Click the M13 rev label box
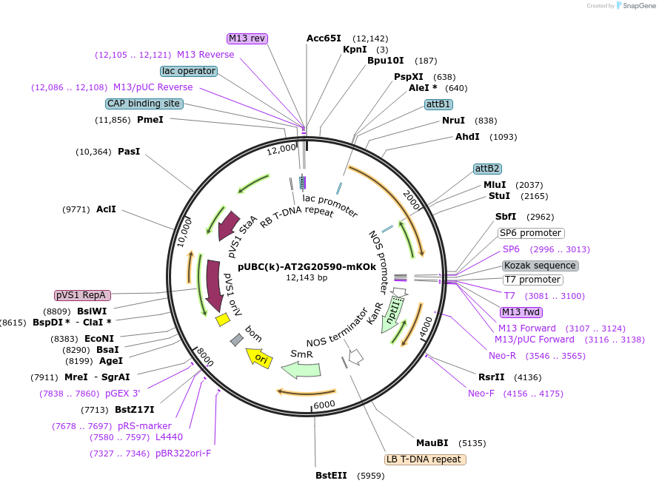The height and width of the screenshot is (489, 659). (x=247, y=38)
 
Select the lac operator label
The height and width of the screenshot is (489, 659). (x=188, y=71)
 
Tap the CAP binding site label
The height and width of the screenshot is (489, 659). (x=144, y=104)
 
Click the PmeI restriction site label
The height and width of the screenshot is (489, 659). (x=150, y=120)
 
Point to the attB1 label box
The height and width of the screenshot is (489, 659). (x=438, y=104)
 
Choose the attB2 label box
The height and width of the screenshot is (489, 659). (x=487, y=169)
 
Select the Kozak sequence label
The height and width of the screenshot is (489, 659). (x=540, y=266)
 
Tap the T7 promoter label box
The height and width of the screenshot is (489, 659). (x=532, y=280)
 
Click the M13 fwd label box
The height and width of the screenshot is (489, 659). (x=521, y=312)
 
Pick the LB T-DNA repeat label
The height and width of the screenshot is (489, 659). (x=424, y=459)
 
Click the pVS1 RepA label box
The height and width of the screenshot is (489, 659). (x=82, y=295)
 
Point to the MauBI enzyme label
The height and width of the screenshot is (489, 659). (x=432, y=443)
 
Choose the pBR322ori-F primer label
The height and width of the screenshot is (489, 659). (x=183, y=453)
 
